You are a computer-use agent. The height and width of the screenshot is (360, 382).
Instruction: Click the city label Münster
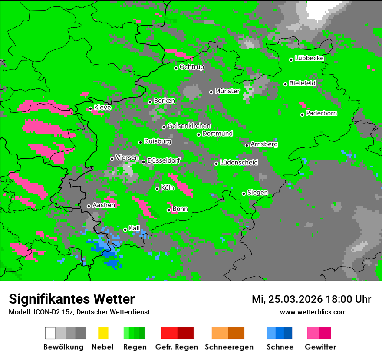(227, 91)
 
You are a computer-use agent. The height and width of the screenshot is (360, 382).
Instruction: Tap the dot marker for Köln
(158, 189)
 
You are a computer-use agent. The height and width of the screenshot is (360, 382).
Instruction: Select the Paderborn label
(321, 114)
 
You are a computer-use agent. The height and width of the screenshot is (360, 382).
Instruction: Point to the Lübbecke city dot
(291, 59)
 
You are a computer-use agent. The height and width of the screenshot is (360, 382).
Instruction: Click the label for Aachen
(104, 205)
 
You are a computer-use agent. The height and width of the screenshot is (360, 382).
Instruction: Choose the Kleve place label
(102, 108)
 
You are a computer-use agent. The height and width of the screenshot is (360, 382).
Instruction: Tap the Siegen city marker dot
(244, 193)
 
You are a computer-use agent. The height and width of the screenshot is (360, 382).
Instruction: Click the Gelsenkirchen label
(189, 126)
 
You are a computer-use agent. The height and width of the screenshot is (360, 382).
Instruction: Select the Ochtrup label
(191, 67)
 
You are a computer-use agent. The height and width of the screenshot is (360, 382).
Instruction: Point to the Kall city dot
(125, 229)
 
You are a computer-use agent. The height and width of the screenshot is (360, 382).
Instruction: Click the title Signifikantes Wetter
(72, 299)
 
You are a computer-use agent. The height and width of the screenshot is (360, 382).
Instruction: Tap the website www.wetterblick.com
(313, 312)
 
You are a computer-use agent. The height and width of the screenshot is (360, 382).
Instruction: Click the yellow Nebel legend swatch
(103, 333)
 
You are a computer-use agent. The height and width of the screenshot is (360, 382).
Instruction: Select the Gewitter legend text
(320, 347)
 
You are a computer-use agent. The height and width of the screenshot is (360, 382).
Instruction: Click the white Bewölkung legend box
(50, 333)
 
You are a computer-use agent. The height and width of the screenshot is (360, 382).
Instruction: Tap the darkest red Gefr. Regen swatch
(185, 333)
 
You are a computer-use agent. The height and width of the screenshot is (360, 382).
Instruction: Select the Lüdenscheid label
(239, 163)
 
